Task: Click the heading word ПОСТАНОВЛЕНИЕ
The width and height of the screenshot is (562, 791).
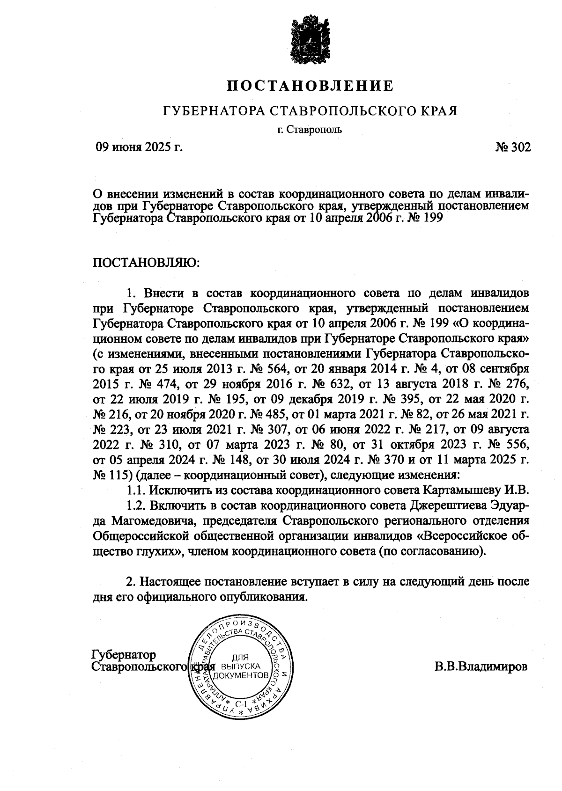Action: (x=310, y=86)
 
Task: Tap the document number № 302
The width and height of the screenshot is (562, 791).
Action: (x=513, y=148)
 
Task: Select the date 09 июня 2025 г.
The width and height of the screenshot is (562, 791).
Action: (x=139, y=148)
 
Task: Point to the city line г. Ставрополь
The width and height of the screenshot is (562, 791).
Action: (x=310, y=129)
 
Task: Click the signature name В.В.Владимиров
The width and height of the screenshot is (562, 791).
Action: (x=481, y=666)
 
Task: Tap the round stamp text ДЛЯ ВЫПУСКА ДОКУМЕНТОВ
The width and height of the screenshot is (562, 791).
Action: (x=240, y=666)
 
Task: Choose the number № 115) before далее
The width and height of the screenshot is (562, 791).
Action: (x=113, y=475)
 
